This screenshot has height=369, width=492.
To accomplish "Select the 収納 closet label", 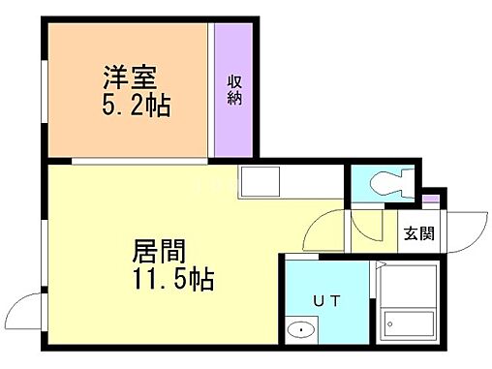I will coord(234,89).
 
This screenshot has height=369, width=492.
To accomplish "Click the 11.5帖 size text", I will coord(169,282).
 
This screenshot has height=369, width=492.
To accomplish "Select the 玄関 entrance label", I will coord(418,232).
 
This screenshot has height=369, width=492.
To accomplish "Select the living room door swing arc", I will coord(321,232).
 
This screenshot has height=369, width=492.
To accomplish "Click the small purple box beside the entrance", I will coord(430,200).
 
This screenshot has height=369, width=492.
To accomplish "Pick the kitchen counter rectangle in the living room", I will coord(260,180).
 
